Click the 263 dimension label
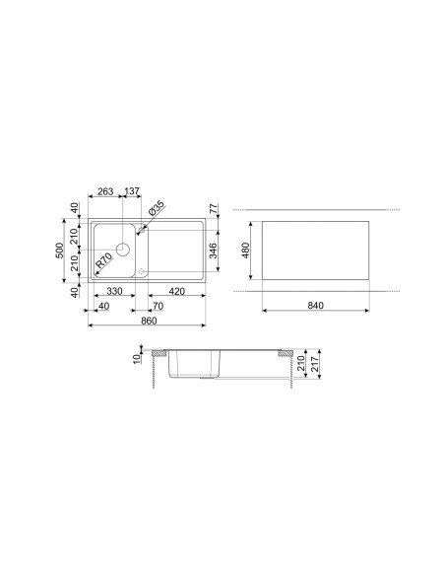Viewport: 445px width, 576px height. [x=105, y=191]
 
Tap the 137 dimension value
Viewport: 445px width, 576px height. [x=132, y=191]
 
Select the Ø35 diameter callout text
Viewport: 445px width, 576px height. [x=157, y=208]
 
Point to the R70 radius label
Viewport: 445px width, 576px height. [x=103, y=260]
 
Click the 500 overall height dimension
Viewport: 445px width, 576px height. [x=60, y=251]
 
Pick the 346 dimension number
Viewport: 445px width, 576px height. [x=213, y=251]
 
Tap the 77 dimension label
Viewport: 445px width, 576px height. [x=214, y=209]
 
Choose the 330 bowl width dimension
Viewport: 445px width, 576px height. [x=114, y=291]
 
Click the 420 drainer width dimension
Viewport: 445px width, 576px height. [x=177, y=291]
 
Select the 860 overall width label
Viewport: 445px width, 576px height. [x=149, y=321]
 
